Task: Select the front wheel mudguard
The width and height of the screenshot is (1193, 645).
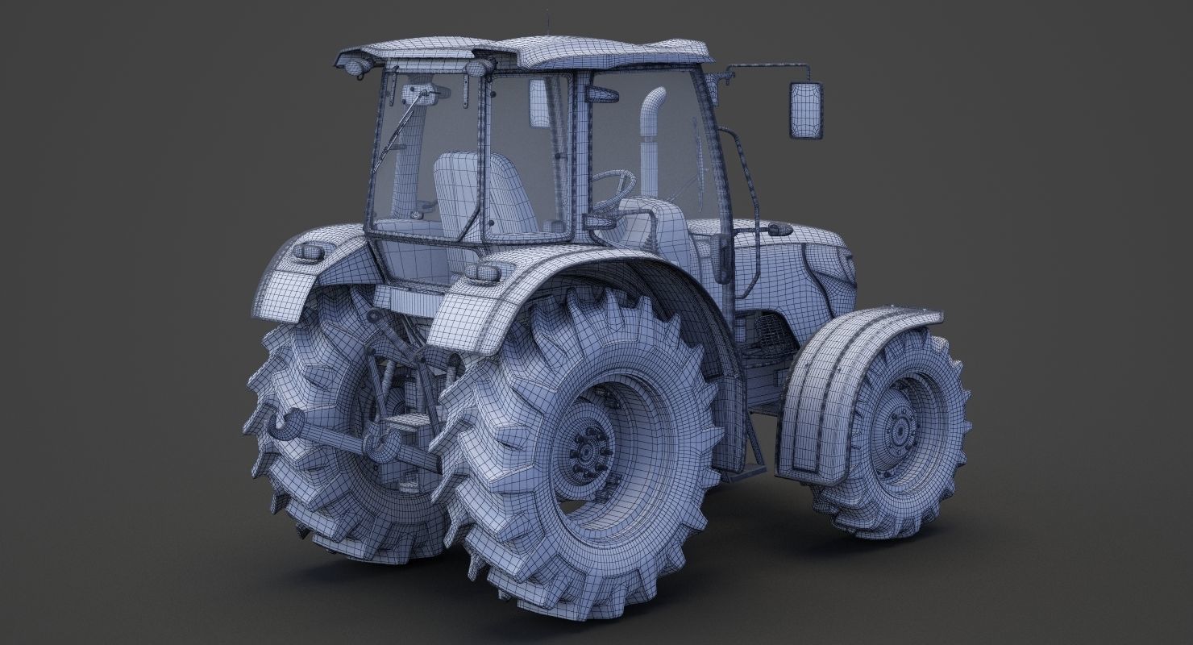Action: click(838, 379)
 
